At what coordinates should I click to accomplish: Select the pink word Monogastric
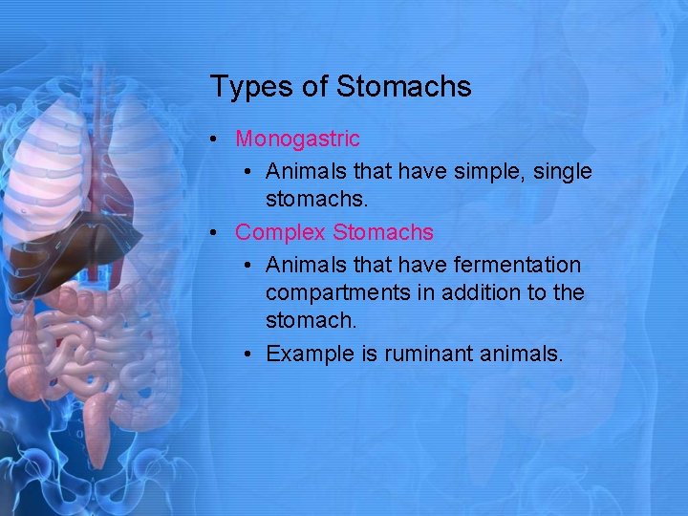click(x=297, y=140)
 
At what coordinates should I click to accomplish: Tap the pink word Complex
click(x=281, y=232)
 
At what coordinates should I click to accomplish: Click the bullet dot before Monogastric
click(x=219, y=140)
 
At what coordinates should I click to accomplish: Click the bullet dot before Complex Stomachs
click(x=219, y=232)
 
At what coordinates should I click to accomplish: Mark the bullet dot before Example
click(x=248, y=355)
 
